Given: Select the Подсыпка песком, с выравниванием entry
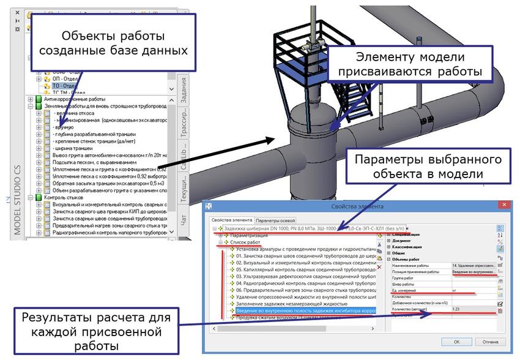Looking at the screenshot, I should click(x=95, y=162).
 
